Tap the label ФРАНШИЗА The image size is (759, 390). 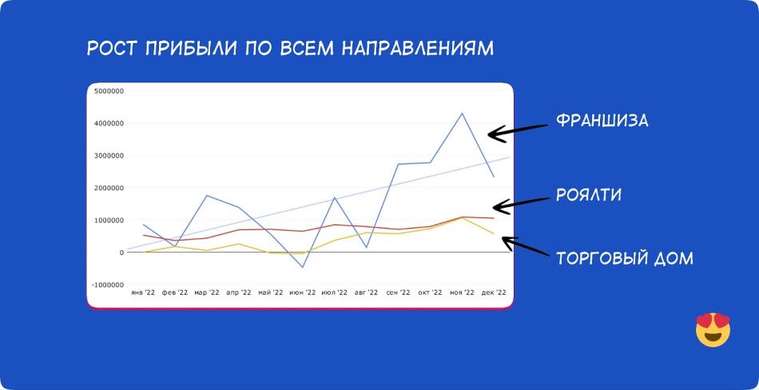tap(602, 120)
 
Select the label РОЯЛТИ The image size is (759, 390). tap(589, 195)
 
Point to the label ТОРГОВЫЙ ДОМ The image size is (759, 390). tap(625, 258)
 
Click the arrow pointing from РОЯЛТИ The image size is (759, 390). tap(522, 205)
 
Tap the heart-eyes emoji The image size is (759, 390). tap(713, 329)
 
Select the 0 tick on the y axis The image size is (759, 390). tap(121, 253)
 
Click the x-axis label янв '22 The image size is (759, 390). tap(143, 292)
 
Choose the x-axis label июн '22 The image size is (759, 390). tap(303, 292)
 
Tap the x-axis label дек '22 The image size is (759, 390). tap(494, 292)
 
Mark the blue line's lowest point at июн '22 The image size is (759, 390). tap(303, 267)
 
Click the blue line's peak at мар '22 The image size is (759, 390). tap(207, 195)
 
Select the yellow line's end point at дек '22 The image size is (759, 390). tap(494, 233)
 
